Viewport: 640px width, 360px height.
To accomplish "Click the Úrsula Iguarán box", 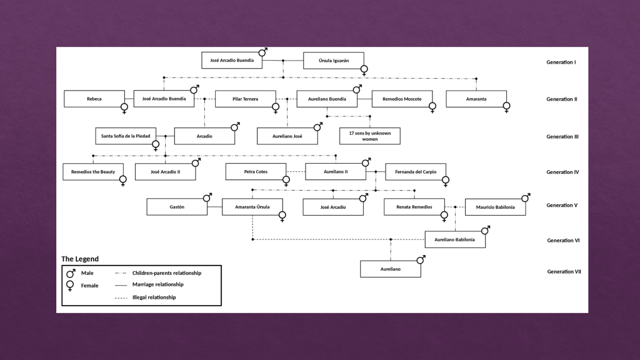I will point(333,61).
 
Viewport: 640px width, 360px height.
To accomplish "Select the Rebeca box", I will point(94,99).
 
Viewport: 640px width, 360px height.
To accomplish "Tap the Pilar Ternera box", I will point(245,99).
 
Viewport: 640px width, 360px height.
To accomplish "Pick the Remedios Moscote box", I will point(402,99).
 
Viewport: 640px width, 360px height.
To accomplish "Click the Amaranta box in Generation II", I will point(476,99).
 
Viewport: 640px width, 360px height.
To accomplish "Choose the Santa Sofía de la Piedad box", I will point(126,136).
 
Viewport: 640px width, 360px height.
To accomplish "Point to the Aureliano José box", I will point(287,136).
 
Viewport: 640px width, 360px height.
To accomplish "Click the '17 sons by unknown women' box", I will point(370,136).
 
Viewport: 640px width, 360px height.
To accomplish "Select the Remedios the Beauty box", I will point(92,171).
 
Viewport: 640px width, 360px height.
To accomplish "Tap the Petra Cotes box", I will point(256,171).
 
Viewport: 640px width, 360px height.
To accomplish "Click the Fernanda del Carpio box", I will point(416,171).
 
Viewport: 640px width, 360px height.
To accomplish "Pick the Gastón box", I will point(177,206).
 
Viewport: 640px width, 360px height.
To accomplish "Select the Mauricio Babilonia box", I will point(495,207).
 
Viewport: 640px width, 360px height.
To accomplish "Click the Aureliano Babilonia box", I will point(455,239).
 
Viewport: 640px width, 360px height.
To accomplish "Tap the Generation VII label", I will point(564,272).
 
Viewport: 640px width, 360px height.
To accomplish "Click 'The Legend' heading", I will point(80,259).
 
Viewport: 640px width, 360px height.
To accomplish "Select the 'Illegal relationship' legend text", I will point(154,297).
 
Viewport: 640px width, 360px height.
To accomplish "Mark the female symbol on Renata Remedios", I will point(444,216).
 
